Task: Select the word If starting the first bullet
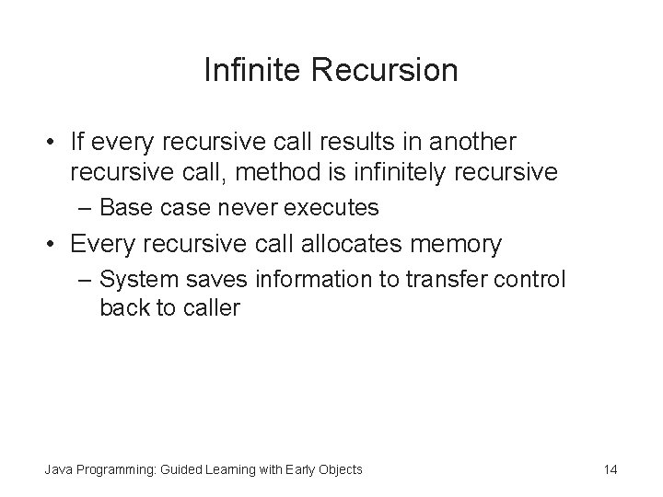pyautogui.click(x=78, y=143)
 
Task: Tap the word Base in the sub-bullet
pyautogui.click(x=124, y=207)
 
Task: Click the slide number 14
pyautogui.click(x=610, y=469)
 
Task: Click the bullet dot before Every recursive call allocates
pyautogui.click(x=52, y=245)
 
